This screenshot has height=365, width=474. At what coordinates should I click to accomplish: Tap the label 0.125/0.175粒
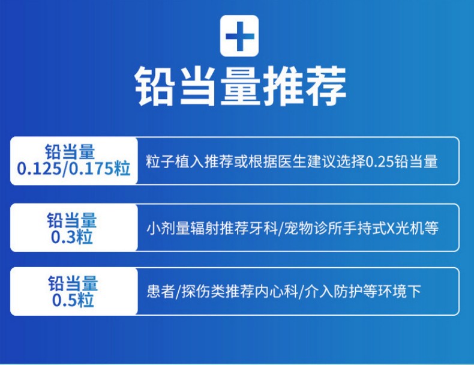[x=74, y=170]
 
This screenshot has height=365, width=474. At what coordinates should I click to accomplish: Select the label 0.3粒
[x=72, y=238]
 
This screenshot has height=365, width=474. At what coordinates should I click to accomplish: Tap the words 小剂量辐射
[x=174, y=229]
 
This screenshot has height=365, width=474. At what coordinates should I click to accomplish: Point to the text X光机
[x=403, y=229]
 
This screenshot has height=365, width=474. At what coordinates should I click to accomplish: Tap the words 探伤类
[x=196, y=292]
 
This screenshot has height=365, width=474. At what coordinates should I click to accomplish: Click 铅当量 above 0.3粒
[x=72, y=220]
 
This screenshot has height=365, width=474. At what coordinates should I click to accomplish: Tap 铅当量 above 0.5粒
[x=73, y=283]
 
